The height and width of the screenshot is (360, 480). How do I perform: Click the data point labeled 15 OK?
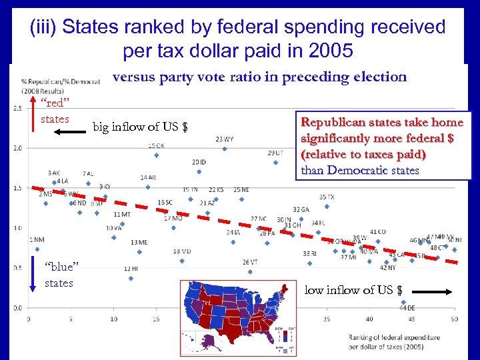tap(156, 155)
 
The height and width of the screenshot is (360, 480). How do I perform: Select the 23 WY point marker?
tap(225, 149)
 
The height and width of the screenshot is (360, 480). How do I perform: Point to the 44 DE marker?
tap(403, 302)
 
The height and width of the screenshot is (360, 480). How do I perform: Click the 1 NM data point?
tap(37, 249)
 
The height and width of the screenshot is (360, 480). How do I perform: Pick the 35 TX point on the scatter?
tap(327, 206)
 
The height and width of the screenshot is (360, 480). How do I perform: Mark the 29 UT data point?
tap(275, 162)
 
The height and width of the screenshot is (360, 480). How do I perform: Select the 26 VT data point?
tap(250, 271)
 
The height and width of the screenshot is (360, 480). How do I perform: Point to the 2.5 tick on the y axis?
tap(16, 107)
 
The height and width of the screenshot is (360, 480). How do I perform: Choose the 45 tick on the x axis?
tap(411, 319)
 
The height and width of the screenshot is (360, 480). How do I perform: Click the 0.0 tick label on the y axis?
tap(16, 308)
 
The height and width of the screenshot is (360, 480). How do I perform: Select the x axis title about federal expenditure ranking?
tap(393, 342)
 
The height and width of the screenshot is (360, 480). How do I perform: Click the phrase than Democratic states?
tap(360, 170)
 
